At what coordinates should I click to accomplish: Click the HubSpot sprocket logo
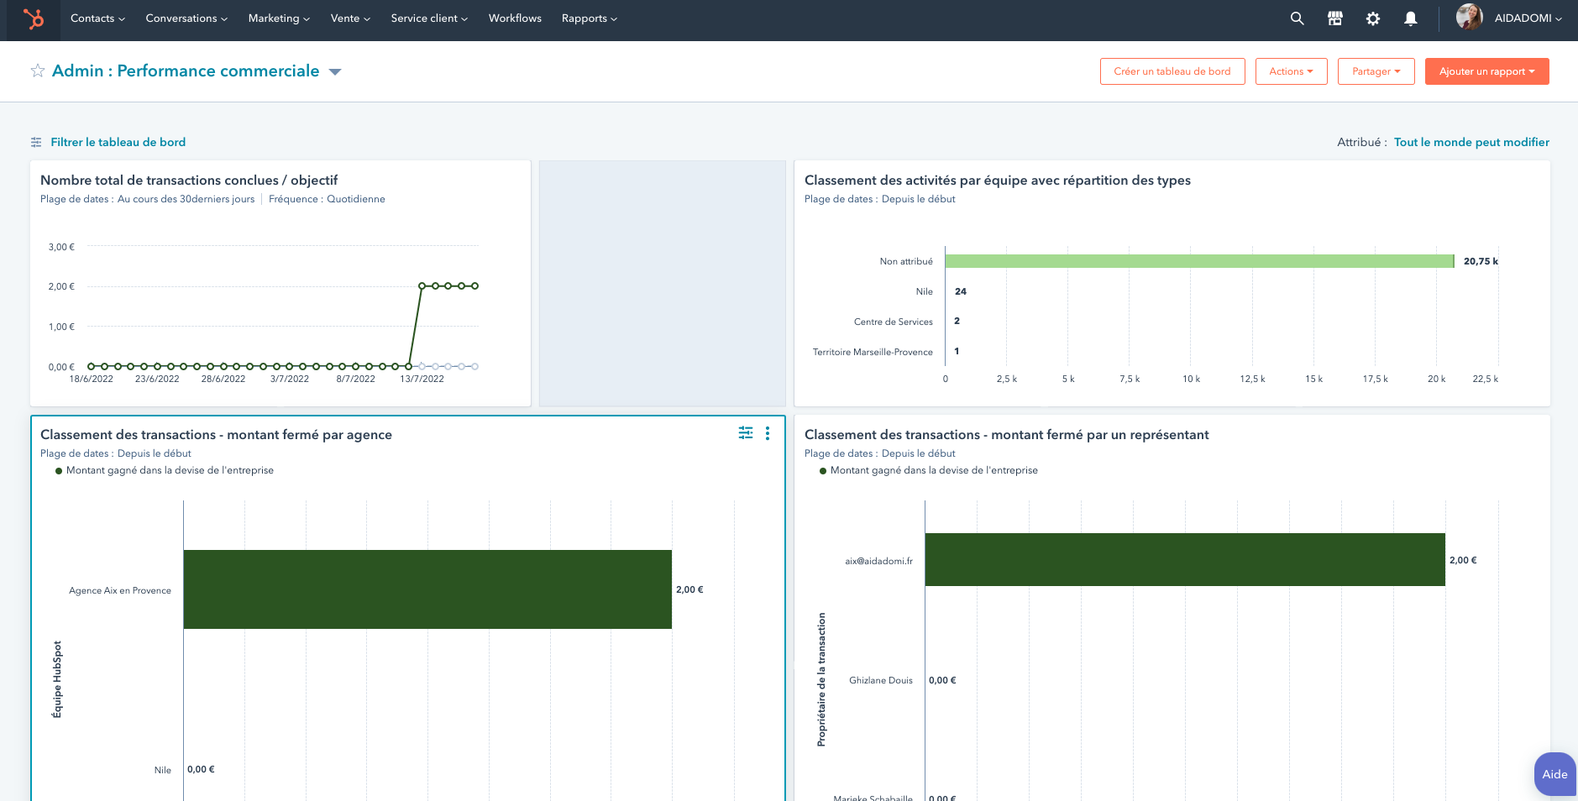[34, 18]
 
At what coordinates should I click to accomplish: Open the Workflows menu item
[515, 18]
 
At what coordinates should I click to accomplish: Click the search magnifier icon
[1297, 18]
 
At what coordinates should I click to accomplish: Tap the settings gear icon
[1372, 18]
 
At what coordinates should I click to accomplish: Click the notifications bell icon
[1410, 18]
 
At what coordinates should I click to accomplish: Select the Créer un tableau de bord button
[1172, 71]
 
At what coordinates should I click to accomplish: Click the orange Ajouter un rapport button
[1486, 71]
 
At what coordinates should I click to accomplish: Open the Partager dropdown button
[1376, 71]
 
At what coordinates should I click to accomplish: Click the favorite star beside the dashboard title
[38, 71]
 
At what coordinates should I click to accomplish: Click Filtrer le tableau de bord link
[118, 143]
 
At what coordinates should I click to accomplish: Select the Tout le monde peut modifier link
[1471, 143]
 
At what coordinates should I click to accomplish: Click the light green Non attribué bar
[1198, 261]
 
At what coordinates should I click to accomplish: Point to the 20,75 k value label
[1481, 261]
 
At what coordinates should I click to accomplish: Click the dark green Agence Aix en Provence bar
[427, 589]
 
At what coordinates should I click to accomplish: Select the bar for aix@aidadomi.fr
[1184, 560]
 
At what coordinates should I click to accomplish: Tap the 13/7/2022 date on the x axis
[422, 380]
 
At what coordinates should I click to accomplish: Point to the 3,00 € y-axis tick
[61, 247]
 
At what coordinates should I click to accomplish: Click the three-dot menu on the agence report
[768, 433]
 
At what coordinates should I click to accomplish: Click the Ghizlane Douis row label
[880, 680]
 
